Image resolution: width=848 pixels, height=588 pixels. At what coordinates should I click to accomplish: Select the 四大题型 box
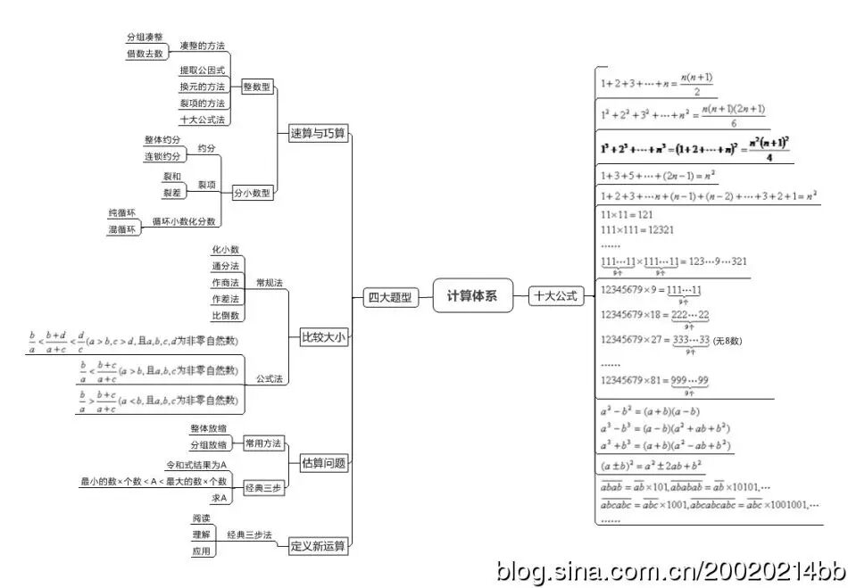tap(391, 298)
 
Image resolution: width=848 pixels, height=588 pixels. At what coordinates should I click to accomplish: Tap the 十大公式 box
tap(556, 295)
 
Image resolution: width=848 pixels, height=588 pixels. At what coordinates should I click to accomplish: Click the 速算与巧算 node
tap(319, 134)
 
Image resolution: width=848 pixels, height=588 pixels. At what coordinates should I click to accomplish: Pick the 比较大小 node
tap(323, 336)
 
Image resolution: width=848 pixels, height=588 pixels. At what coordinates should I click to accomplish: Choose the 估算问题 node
tap(323, 463)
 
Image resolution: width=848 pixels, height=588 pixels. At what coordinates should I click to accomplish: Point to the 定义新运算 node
tap(319, 545)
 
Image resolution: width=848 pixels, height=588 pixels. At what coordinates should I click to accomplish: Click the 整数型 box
tap(257, 87)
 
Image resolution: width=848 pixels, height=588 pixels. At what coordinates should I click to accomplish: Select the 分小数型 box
tap(254, 192)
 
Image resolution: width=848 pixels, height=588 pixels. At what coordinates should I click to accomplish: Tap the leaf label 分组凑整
tap(145, 37)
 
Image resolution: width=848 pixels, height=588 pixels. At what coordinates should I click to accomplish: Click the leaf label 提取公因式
tap(203, 70)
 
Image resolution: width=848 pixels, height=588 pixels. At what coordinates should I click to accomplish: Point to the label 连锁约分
tap(162, 157)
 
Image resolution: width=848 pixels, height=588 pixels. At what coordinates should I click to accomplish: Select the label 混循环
tap(122, 229)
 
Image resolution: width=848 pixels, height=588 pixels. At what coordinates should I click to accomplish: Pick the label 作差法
tap(225, 299)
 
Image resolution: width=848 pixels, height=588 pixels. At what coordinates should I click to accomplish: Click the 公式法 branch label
tap(269, 378)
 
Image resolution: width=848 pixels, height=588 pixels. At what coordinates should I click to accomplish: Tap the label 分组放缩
tap(209, 444)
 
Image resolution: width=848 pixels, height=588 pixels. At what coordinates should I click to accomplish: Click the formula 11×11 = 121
tap(628, 215)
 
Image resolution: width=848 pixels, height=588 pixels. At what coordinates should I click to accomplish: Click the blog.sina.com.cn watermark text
tap(669, 569)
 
